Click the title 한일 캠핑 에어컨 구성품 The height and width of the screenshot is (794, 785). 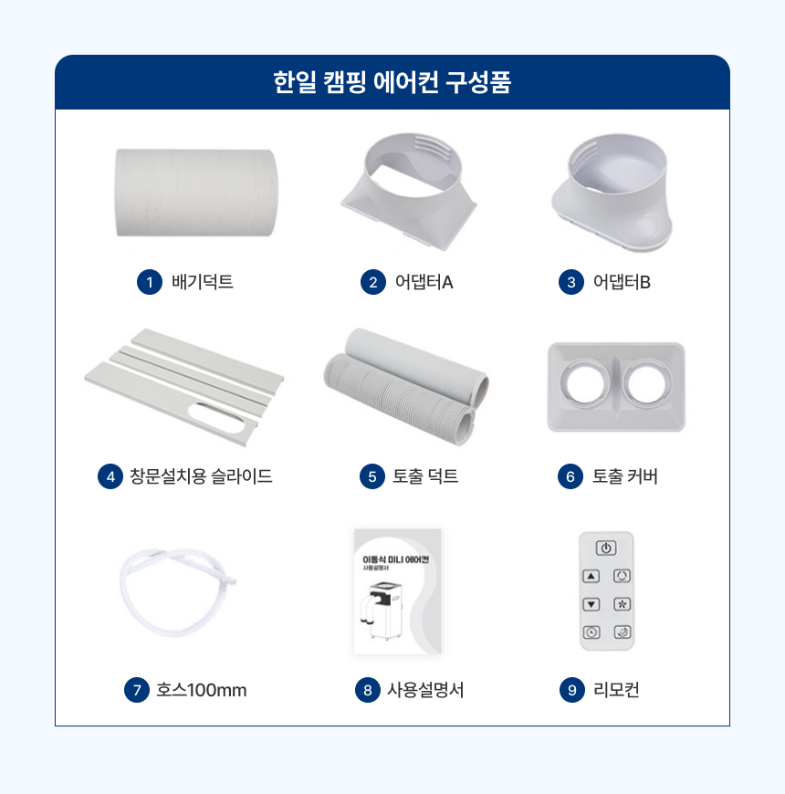click(x=392, y=82)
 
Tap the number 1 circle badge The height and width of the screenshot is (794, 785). click(x=150, y=282)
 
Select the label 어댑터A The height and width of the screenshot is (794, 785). click(x=424, y=282)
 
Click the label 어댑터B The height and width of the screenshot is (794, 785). click(x=622, y=282)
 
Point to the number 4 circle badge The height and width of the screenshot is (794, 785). click(x=110, y=476)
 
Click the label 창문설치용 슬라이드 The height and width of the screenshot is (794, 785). click(x=201, y=476)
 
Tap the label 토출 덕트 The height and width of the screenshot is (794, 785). click(x=425, y=476)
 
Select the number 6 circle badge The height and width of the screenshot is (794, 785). click(x=570, y=476)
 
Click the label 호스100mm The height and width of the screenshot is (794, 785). click(x=202, y=690)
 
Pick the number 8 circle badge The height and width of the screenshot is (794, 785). click(x=368, y=690)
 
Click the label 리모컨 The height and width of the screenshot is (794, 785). click(x=616, y=690)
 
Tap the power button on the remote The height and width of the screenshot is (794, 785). click(x=606, y=548)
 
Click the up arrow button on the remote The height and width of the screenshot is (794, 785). click(x=591, y=576)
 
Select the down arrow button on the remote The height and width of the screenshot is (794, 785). click(x=591, y=604)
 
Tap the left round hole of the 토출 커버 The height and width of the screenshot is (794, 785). click(x=585, y=382)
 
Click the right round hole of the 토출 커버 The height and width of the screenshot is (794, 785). click(x=647, y=382)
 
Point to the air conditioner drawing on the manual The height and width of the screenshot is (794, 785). click(x=381, y=610)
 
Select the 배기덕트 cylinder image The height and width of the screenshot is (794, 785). click(x=196, y=193)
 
